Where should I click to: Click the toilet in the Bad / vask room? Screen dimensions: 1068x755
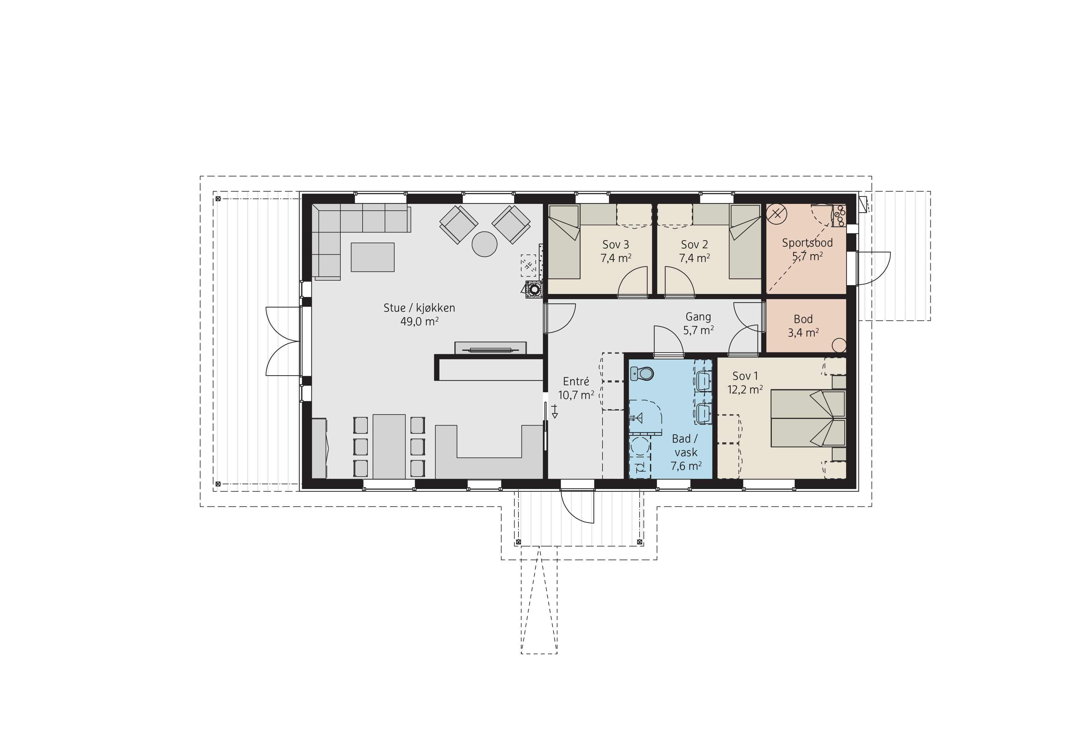pos(642,373)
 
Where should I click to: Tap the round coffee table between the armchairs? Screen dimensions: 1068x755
pos(485,244)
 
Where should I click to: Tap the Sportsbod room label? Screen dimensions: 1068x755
pos(807,243)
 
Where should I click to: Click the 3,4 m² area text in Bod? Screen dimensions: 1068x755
pos(803,333)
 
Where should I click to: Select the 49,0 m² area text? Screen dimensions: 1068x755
pos(420,321)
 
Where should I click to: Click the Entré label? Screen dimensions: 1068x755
pos(576,381)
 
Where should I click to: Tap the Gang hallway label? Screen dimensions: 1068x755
pos(698,316)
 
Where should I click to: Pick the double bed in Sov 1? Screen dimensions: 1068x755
pos(808,418)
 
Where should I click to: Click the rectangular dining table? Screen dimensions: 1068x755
pos(389,446)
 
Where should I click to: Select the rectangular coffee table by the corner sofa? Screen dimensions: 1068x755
pos(373,257)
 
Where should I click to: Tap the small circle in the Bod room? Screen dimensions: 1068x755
pos(839,345)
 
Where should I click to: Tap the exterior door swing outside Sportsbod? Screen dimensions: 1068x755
pos(873,268)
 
